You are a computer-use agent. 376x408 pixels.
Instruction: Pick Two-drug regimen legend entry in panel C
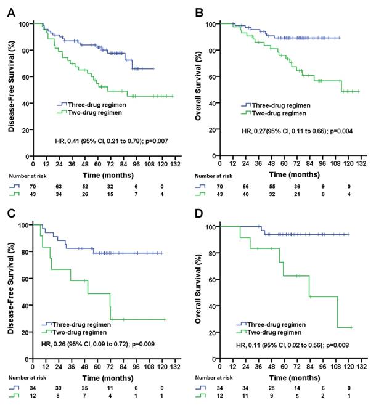click(x=76, y=331)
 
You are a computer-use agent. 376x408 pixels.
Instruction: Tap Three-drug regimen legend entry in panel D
click(x=276, y=324)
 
